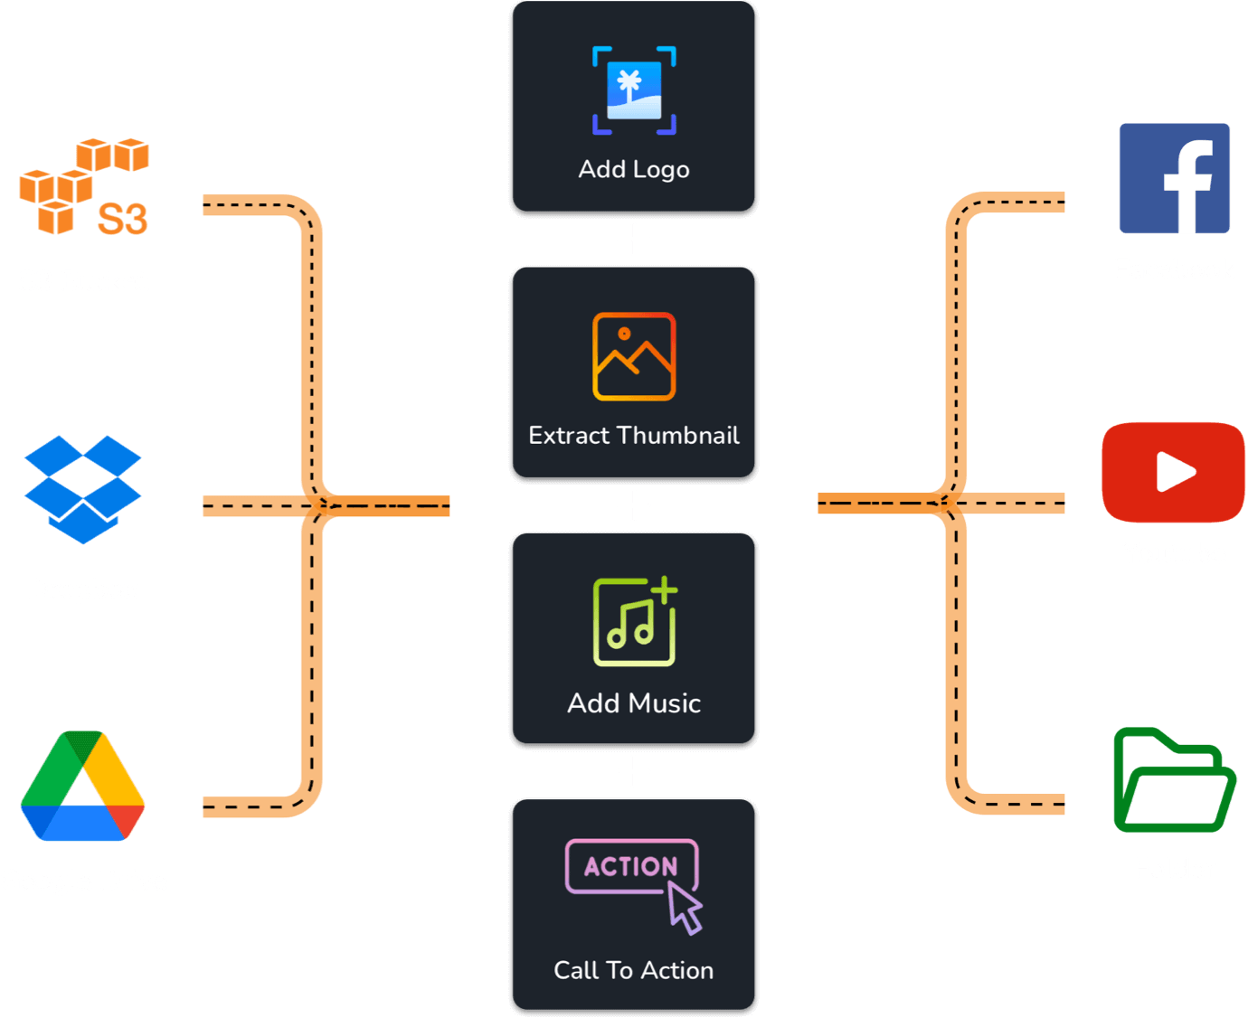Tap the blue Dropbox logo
pos(83,489)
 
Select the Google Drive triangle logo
pos(83,787)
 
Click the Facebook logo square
pos(1174,178)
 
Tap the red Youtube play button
pos(1174,472)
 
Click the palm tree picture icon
pos(634,90)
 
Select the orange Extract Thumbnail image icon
pos(634,356)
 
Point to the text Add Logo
pos(634,169)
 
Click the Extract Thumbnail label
pos(634,435)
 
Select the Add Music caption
pos(634,702)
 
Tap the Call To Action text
pos(634,970)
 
